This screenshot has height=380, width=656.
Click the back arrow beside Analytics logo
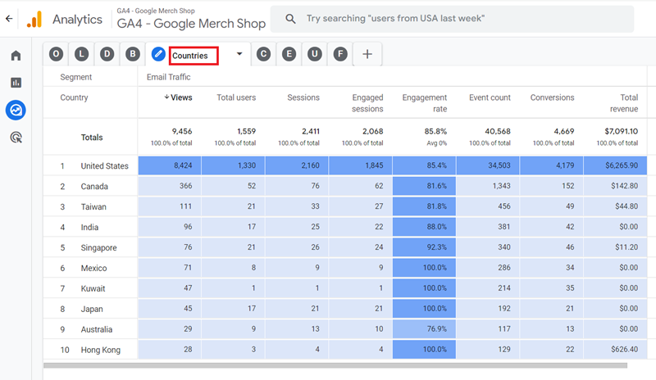(8, 18)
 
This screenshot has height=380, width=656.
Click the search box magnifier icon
(289, 18)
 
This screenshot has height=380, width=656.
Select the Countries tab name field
(194, 56)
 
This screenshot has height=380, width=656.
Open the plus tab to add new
(367, 54)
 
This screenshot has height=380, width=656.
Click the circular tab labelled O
(56, 54)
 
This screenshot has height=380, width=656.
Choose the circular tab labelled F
(340, 54)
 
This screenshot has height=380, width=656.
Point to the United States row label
(104, 166)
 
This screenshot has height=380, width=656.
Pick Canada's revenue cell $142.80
(620, 187)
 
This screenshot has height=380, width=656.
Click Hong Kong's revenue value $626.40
(620, 351)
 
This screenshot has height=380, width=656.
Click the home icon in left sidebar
(16, 56)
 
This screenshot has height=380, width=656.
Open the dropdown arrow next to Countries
(239, 54)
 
